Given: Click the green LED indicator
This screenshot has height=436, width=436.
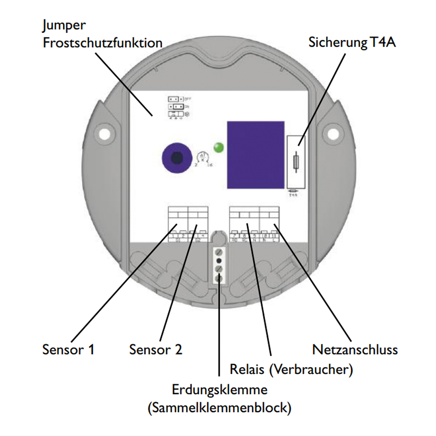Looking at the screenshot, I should tap(218, 147).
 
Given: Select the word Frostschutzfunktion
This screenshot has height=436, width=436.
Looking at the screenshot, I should tap(103, 44).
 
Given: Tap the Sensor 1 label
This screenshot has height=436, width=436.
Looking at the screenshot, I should tap(68, 349).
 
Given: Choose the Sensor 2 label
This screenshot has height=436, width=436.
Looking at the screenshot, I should tap(156, 349).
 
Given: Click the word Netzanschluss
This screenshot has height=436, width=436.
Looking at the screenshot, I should tap(355, 349).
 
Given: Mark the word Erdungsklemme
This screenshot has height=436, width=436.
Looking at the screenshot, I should tap(219, 389).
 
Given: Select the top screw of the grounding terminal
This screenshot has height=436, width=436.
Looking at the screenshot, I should tap(219, 252).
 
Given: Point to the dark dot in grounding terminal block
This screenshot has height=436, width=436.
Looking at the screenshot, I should tap(219, 260).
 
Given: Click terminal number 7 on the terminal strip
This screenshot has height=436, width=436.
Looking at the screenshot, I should tap(235, 235).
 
